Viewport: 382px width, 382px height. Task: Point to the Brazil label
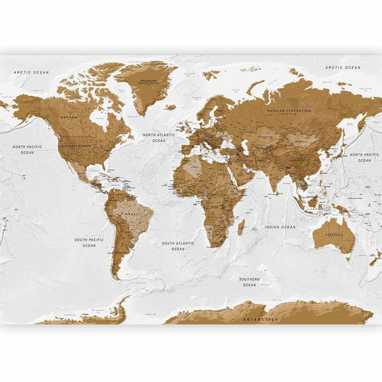131,214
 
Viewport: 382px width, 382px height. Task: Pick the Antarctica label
260,319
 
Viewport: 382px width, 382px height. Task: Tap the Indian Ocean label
280,226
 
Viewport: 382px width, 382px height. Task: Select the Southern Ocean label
249,282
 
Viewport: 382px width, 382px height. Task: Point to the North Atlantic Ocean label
158,138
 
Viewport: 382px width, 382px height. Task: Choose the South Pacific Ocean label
89,242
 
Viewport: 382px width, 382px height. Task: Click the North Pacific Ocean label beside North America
27,149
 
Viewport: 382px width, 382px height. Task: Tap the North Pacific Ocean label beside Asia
363,157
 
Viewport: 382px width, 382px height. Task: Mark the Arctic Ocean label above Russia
343,67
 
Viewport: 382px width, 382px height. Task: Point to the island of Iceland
170,108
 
